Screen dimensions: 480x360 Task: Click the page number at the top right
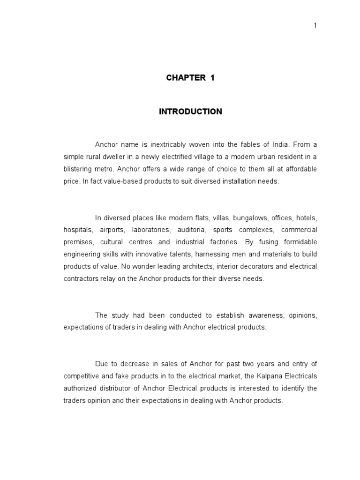(x=315, y=26)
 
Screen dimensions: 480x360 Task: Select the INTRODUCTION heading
(x=190, y=112)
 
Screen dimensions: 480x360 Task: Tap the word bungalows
(x=253, y=217)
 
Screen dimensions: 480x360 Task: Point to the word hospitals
(x=78, y=230)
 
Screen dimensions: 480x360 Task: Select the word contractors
(x=80, y=278)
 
